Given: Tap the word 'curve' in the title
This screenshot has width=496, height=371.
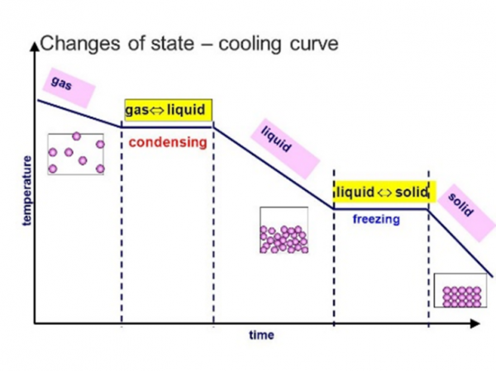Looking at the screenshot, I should pyautogui.click(x=310, y=44).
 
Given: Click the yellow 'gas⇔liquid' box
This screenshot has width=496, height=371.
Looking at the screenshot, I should pyautogui.click(x=168, y=110).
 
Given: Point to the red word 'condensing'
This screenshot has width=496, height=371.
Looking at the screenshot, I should pyautogui.click(x=167, y=142).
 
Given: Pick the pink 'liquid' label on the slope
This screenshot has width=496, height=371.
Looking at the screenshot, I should pyautogui.click(x=276, y=140).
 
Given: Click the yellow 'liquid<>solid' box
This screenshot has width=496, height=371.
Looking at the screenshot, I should pyautogui.click(x=381, y=193).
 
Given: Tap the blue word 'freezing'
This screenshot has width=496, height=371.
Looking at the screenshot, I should pyautogui.click(x=376, y=219).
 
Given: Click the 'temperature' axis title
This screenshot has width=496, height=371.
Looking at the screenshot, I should pyautogui.click(x=27, y=190).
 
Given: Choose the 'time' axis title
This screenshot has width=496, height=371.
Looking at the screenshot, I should pyautogui.click(x=261, y=335).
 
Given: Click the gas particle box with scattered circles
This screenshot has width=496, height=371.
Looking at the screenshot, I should pyautogui.click(x=76, y=154).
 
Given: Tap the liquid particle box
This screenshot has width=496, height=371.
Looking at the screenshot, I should pyautogui.click(x=284, y=230).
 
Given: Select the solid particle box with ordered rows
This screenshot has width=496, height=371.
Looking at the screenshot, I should pyautogui.click(x=460, y=291).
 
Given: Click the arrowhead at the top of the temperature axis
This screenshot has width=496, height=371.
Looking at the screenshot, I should pyautogui.click(x=35, y=46).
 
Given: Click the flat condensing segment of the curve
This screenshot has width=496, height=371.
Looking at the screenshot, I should pyautogui.click(x=167, y=126).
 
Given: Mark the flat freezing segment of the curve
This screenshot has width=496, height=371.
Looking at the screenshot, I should pyautogui.click(x=381, y=209).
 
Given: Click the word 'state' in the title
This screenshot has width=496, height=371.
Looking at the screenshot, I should pyautogui.click(x=169, y=44).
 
